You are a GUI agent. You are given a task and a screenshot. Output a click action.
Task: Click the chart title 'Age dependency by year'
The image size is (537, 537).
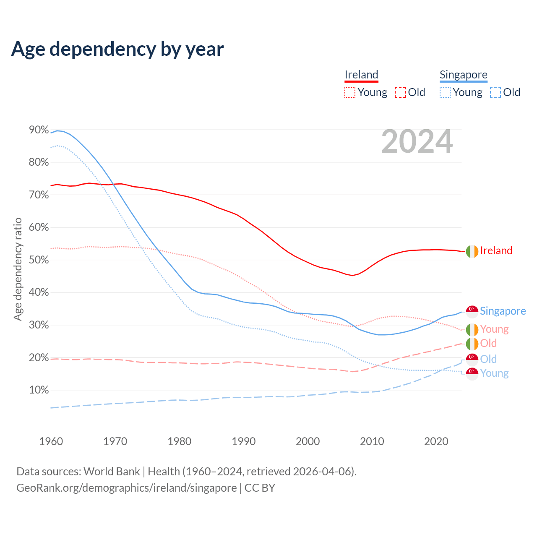(117, 49)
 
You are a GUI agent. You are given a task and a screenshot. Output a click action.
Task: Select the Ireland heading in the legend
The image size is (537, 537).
(361, 75)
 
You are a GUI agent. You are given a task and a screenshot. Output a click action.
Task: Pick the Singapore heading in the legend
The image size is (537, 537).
(463, 75)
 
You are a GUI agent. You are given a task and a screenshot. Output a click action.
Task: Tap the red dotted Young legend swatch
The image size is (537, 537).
(350, 92)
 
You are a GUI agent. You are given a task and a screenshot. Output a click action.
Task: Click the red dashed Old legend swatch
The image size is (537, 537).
(400, 92)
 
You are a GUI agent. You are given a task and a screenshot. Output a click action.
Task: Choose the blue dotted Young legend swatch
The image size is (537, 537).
(445, 92)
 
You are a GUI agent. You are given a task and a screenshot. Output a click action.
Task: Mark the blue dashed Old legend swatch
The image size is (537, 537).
(495, 92)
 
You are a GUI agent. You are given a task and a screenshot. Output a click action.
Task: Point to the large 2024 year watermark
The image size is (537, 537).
(417, 142)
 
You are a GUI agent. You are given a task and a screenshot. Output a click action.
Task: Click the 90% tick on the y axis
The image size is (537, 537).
(39, 130)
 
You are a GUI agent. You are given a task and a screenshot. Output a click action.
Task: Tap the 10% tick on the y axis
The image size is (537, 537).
(39, 390)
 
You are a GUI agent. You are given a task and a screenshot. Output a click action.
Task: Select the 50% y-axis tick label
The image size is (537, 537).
(39, 260)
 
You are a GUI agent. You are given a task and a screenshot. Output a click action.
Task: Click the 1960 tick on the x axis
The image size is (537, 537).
(51, 441)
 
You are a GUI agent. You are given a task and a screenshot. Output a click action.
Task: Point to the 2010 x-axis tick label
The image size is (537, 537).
(372, 441)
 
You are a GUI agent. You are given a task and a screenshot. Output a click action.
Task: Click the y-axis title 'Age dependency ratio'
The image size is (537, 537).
(18, 269)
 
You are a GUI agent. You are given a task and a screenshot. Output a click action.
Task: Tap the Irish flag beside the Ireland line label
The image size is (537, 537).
(472, 251)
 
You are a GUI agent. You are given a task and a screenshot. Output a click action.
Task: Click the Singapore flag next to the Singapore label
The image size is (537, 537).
(472, 311)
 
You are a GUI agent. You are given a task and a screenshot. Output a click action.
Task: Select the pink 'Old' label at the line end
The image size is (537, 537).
(488, 343)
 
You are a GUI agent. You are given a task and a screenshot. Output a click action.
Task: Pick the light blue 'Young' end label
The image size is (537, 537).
(494, 373)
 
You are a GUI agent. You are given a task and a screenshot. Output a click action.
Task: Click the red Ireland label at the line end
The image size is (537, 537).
(496, 250)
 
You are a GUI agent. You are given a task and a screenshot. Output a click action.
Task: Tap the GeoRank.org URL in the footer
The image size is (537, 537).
(126, 488)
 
